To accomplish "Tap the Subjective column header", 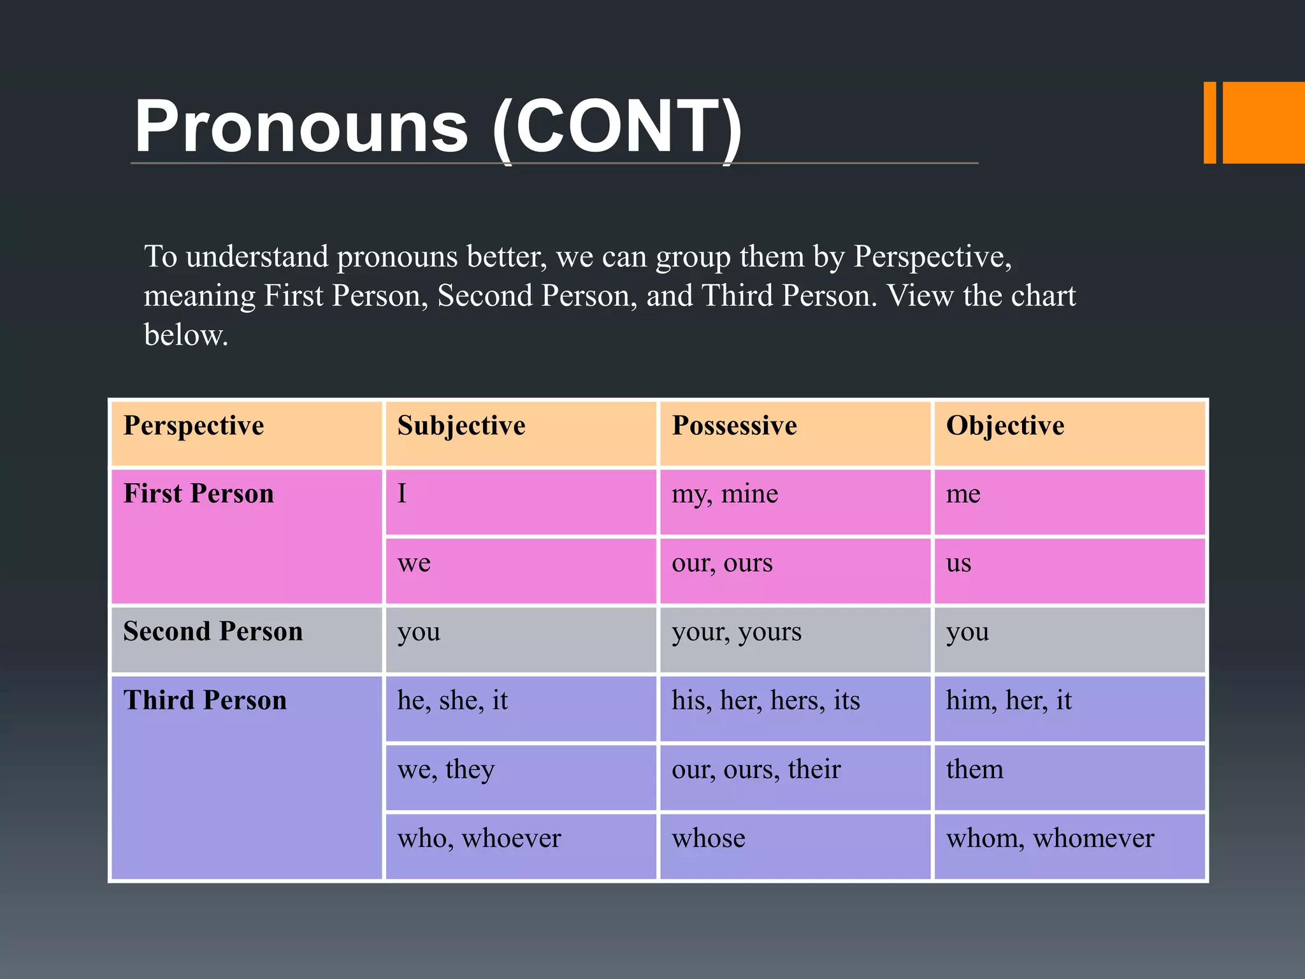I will tap(461, 426).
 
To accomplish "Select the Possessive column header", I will tap(734, 426).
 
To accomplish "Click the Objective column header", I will tap(1005, 426).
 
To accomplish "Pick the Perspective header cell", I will tap(194, 426).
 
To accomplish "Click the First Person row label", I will tap(199, 494).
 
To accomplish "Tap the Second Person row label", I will tap(213, 632).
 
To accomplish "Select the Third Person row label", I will tap(205, 700).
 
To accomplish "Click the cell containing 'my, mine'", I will tap(725, 495).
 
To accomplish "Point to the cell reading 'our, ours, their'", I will tap(756, 770).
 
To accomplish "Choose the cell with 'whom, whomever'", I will tap(1049, 839).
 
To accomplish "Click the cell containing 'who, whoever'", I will tap(479, 839).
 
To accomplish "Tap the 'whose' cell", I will tap(709, 839).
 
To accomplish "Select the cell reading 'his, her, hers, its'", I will tap(766, 701).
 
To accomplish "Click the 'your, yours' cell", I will tap(737, 632).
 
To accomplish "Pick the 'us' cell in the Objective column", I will tap(958, 563).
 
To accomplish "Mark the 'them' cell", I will tap(974, 770).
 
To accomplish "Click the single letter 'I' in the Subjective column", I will tap(402, 495).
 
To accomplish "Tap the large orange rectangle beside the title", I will tap(1263, 122).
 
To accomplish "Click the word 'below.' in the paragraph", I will tap(186, 335).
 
